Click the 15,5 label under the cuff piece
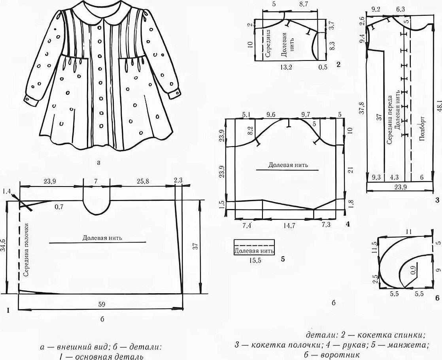click(254, 260)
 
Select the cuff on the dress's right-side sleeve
click(173, 94)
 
